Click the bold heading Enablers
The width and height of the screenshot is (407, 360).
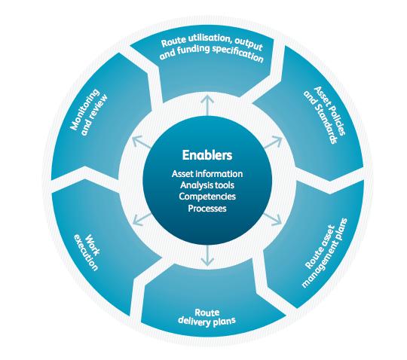(x=207, y=155)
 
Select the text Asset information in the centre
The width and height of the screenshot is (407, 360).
(x=207, y=173)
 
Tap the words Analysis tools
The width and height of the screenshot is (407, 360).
(x=207, y=185)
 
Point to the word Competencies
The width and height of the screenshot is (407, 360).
(x=207, y=197)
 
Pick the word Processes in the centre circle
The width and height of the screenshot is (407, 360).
(x=207, y=209)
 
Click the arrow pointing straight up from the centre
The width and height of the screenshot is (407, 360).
(x=207, y=105)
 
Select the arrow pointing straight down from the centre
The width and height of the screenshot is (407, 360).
(x=207, y=255)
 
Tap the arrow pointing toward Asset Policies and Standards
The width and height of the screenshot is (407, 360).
(x=273, y=142)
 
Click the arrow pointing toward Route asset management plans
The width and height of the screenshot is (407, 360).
(x=273, y=219)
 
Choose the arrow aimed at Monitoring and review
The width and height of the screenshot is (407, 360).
(x=142, y=142)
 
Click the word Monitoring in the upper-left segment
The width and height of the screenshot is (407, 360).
(x=85, y=109)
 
